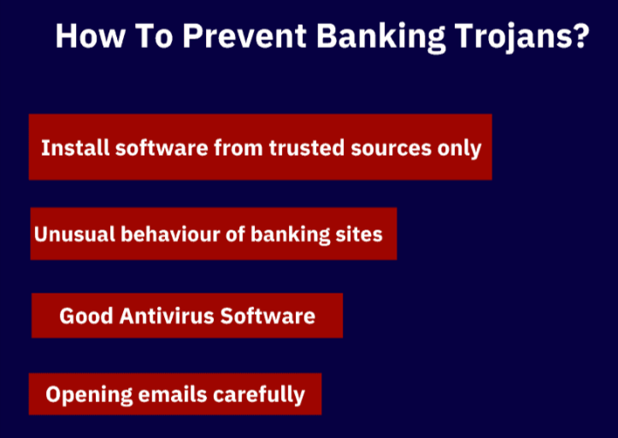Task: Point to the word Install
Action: (75, 147)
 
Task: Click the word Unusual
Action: (73, 233)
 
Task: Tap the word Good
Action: (85, 316)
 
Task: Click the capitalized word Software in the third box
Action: (268, 316)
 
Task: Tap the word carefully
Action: (258, 394)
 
